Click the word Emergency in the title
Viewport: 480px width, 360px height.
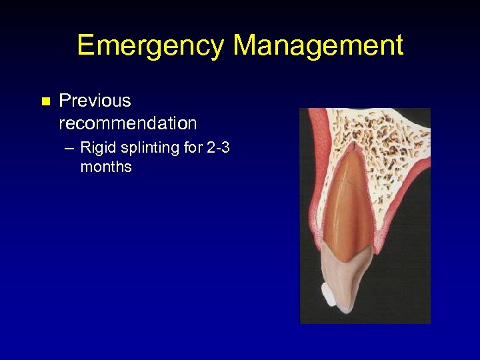coord(151,46)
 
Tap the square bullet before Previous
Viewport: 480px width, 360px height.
coord(45,102)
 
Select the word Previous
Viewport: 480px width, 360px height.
coord(95,101)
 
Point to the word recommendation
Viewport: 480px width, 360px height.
coord(128,123)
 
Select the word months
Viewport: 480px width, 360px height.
coord(106,167)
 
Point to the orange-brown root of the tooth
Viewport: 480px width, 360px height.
coord(350,200)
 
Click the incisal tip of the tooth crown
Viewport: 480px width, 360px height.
coord(344,308)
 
